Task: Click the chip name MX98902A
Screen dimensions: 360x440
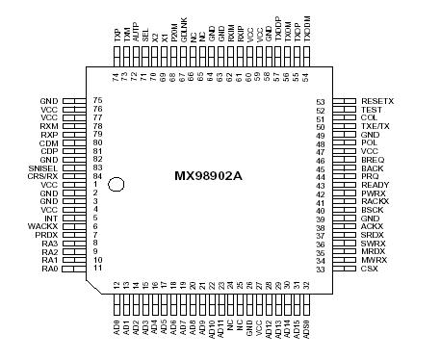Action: pyautogui.click(x=209, y=177)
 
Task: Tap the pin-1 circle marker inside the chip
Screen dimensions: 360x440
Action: pyautogui.click(x=116, y=183)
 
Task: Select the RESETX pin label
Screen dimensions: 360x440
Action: pyautogui.click(x=376, y=100)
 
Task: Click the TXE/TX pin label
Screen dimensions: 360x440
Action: pyautogui.click(x=375, y=126)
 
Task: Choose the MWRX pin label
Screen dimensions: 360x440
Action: pyautogui.click(x=373, y=261)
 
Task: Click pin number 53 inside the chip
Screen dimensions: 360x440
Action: pyautogui.click(x=322, y=100)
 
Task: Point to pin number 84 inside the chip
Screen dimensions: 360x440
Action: pyautogui.click(x=97, y=176)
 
